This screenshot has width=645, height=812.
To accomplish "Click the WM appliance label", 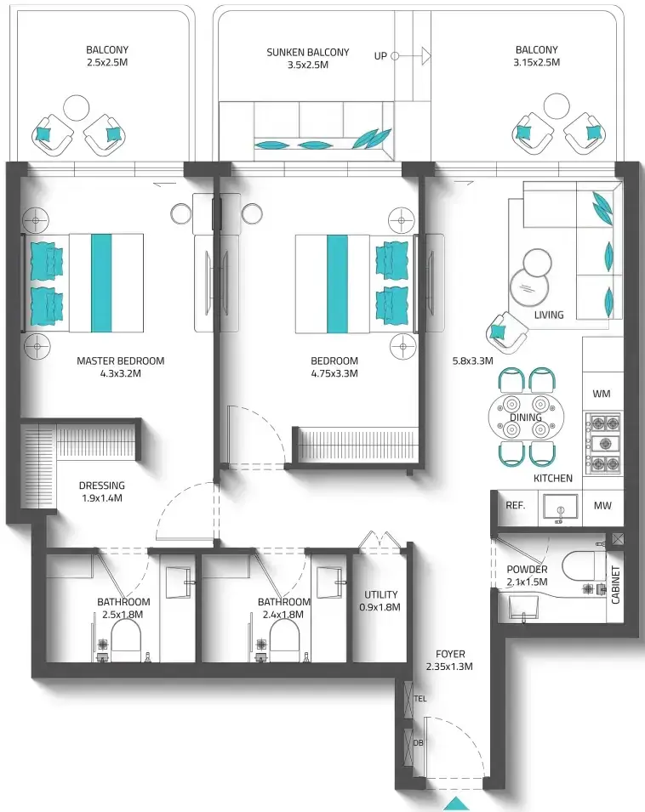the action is [x=601, y=394].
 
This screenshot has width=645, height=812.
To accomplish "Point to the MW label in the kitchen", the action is [x=602, y=505].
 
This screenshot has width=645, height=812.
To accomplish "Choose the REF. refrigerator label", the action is [x=516, y=505].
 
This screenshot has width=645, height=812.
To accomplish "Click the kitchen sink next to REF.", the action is [x=560, y=508].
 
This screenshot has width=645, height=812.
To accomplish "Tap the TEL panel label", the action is [x=420, y=699].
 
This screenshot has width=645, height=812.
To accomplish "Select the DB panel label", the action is [x=419, y=742].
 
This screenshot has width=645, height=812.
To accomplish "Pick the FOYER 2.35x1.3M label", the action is [x=449, y=661].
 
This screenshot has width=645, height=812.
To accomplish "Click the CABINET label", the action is [x=615, y=585].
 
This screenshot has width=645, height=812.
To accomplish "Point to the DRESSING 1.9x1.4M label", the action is [x=102, y=491].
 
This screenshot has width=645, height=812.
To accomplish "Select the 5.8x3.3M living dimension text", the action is [x=472, y=361].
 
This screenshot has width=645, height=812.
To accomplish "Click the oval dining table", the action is [x=527, y=417].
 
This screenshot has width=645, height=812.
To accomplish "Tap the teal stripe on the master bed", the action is [x=101, y=283].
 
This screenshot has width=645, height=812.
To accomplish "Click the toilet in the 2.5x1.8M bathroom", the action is [x=126, y=639].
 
